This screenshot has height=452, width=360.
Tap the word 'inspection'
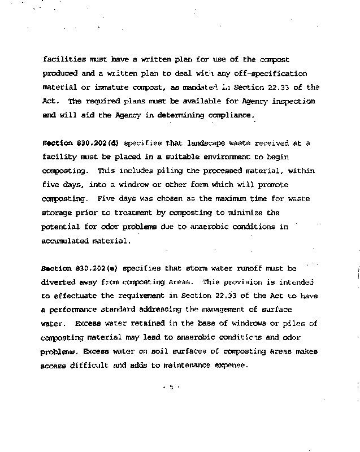[294, 101]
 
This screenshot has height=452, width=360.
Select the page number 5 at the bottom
[170, 388]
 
